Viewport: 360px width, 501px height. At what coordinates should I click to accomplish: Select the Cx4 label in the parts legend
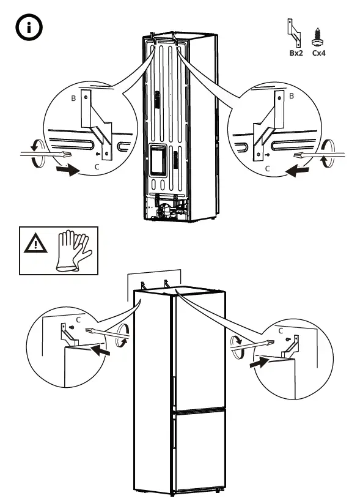(318, 53)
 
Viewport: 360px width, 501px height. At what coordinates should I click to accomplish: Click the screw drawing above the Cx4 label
(318, 37)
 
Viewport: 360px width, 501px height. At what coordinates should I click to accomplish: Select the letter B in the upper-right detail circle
(292, 96)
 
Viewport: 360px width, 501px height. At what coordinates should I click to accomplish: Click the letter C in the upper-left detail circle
(96, 166)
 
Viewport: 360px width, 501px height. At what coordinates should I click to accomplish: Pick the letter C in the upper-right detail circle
(266, 167)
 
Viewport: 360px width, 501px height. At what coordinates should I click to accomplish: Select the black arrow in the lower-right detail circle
(260, 362)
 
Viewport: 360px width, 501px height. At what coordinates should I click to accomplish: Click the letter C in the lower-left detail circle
(78, 319)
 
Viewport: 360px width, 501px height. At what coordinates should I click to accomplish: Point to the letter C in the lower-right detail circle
(281, 330)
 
